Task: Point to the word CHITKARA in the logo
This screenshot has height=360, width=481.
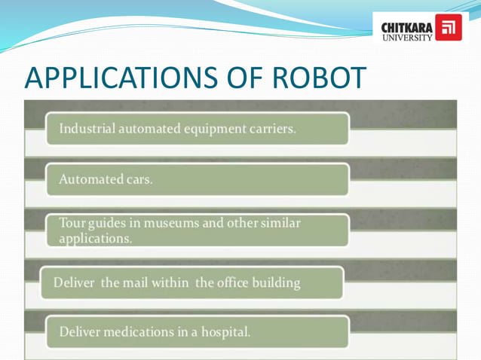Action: [408, 25]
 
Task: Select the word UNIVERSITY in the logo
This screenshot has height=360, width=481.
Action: [408, 35]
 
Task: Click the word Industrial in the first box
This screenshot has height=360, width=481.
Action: [87, 129]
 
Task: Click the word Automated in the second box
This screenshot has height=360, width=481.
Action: [91, 180]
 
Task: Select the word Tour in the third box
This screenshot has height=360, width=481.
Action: [72, 224]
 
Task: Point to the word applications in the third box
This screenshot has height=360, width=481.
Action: [95, 239]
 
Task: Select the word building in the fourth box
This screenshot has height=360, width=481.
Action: [279, 283]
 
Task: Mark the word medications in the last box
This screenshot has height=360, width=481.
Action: [139, 331]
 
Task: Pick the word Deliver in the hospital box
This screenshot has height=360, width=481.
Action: [79, 331]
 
